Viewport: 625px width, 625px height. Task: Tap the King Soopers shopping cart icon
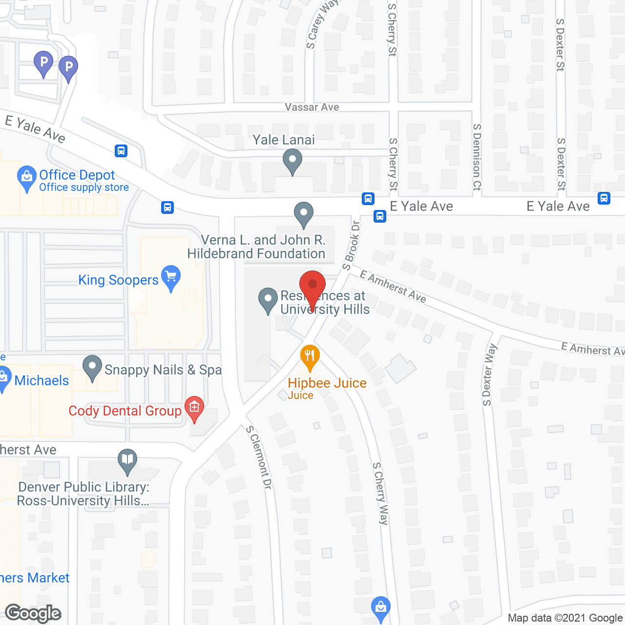171,277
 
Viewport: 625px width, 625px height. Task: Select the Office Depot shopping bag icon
26,178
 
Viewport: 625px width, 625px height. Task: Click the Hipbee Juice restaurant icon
310,356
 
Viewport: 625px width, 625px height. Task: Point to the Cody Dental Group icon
194,408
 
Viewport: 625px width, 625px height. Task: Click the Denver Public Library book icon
127,460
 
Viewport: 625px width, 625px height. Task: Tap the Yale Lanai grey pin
292,160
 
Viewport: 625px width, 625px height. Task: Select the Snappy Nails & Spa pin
92,367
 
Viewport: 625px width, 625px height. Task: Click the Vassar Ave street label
312,107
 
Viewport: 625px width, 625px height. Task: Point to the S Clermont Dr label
259,457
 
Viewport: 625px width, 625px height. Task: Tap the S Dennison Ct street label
477,157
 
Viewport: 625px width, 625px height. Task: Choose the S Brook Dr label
352,245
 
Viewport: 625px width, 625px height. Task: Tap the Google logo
33,613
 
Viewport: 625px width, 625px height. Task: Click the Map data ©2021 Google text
565,618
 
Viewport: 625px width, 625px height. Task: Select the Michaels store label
42,380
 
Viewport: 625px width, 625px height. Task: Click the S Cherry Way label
380,493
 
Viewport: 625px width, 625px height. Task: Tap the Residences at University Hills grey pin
268,300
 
